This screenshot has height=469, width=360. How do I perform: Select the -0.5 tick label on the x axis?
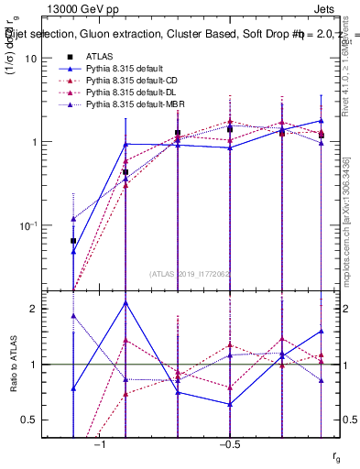coord(229,444)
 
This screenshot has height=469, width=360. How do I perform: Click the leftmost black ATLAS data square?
coord(73,241)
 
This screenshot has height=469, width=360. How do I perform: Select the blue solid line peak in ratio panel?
coord(125,302)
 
